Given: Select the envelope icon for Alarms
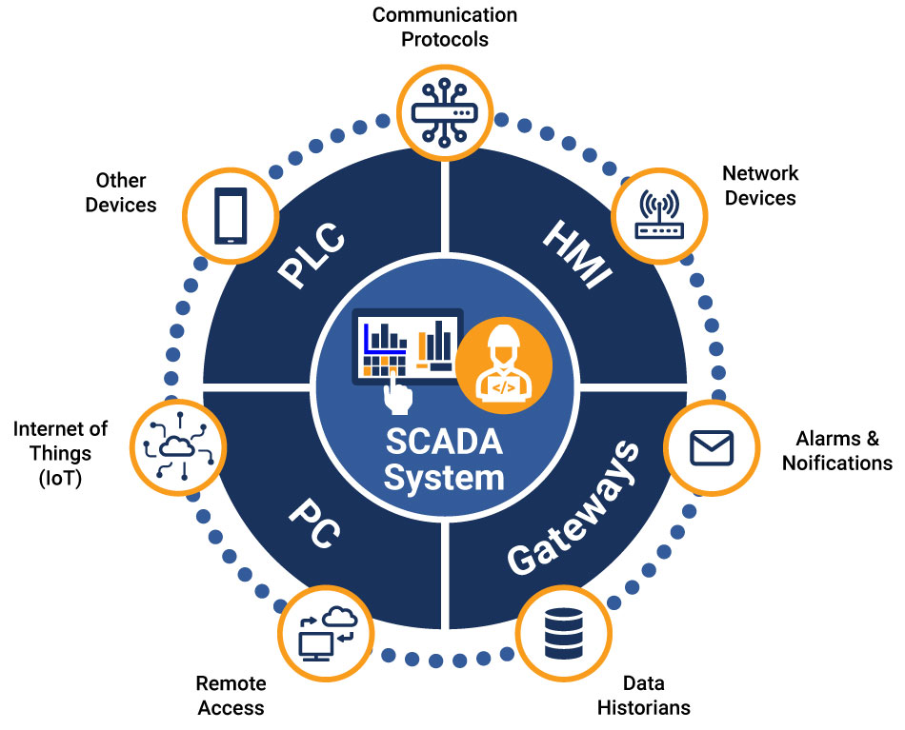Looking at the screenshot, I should pyautogui.click(x=712, y=448).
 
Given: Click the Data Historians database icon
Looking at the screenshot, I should pyautogui.click(x=564, y=632).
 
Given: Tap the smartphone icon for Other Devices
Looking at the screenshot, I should pyautogui.click(x=231, y=216).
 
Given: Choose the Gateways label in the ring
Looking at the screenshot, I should pyautogui.click(x=572, y=508).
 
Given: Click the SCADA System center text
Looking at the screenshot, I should pyautogui.click(x=444, y=460).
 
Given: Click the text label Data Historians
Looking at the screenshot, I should pyautogui.click(x=643, y=695).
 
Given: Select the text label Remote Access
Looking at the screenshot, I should pyautogui.click(x=231, y=695).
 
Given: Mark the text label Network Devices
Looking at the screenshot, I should pyautogui.click(x=760, y=186).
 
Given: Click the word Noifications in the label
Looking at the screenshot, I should pyautogui.click(x=836, y=463).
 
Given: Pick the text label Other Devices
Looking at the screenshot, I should pyautogui.click(x=121, y=192).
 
